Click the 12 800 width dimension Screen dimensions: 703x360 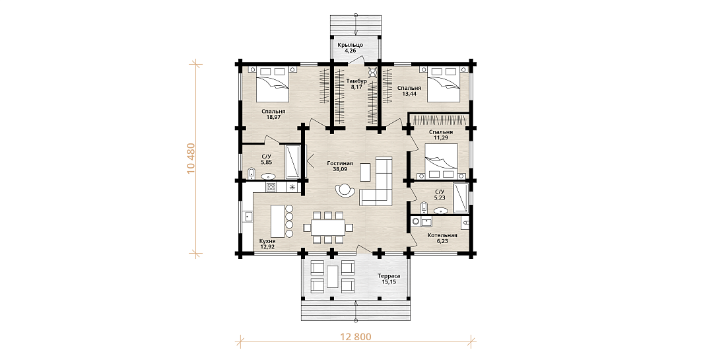(356, 337)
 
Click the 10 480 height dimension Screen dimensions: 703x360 (191, 159)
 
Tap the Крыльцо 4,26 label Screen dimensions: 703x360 (351, 48)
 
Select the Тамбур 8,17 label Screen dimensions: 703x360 (356, 84)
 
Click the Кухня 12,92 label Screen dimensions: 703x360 (267, 244)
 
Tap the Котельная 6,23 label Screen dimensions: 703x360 (442, 238)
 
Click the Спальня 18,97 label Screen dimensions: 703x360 (273, 114)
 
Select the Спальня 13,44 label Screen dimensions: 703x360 (409, 91)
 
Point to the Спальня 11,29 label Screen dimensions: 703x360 (441, 135)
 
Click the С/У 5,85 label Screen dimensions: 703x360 (266, 161)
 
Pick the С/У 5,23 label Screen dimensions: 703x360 (440, 194)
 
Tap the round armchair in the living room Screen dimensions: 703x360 (345, 190)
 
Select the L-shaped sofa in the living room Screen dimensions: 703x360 (376, 182)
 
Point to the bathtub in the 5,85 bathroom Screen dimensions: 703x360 (293, 162)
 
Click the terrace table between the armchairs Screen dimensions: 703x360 (332, 275)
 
